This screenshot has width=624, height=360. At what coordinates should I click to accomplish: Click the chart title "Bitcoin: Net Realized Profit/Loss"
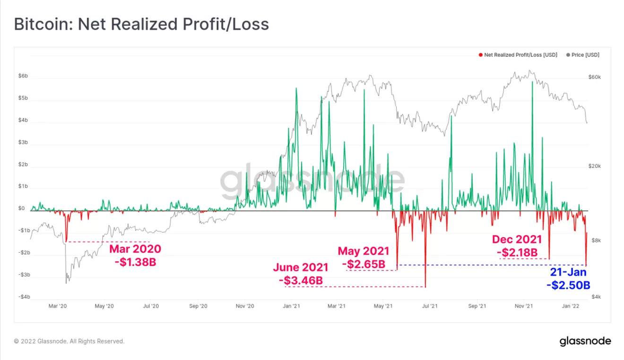[141, 24]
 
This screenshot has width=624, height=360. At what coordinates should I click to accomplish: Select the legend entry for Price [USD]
[585, 55]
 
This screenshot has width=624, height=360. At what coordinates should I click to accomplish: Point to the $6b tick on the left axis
[23, 76]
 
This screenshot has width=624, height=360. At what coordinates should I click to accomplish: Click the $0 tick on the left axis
[21, 208]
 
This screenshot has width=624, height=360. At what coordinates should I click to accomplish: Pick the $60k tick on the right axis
[594, 77]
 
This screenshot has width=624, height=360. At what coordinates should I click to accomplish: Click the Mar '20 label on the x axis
[58, 306]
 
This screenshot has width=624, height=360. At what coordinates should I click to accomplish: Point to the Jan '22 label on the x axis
[571, 306]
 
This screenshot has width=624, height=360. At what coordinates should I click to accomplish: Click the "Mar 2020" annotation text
[135, 249]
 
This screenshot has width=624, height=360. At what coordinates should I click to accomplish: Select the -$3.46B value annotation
[301, 281]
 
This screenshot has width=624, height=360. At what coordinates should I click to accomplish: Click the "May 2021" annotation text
[363, 251]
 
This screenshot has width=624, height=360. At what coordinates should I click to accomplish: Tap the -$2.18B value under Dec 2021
[517, 253]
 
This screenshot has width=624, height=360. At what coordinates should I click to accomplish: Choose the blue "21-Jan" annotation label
[568, 272]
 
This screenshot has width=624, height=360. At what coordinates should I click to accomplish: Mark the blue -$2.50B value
[568, 285]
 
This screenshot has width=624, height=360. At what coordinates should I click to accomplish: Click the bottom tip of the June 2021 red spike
[425, 287]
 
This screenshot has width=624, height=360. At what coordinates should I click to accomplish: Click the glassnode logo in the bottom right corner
[585, 341]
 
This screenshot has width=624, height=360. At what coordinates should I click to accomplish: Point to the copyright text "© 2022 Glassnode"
[69, 341]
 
